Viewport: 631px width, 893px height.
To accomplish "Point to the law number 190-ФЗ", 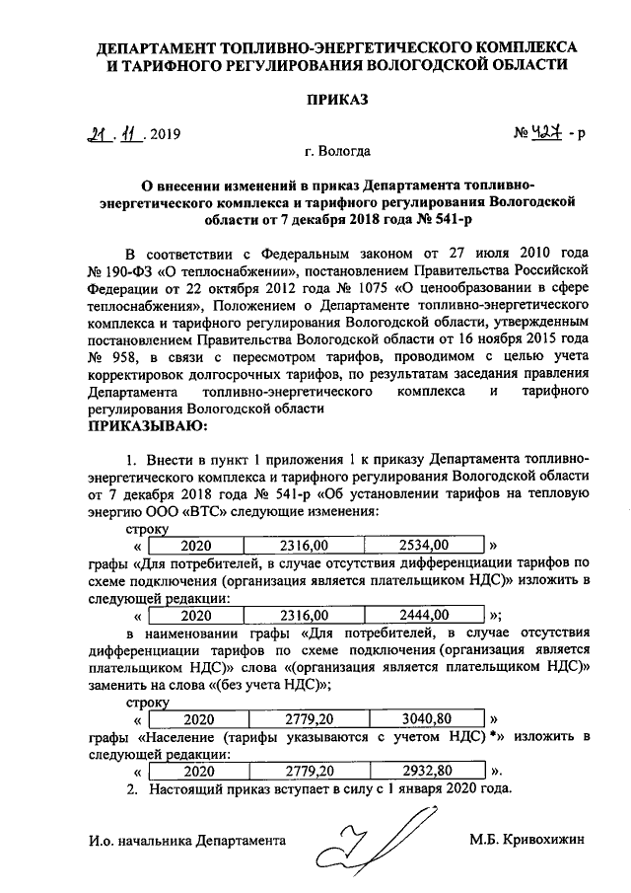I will click(129, 267).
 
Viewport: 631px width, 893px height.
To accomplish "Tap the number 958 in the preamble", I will click(129, 355).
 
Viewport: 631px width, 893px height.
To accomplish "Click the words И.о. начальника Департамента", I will click(185, 840).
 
